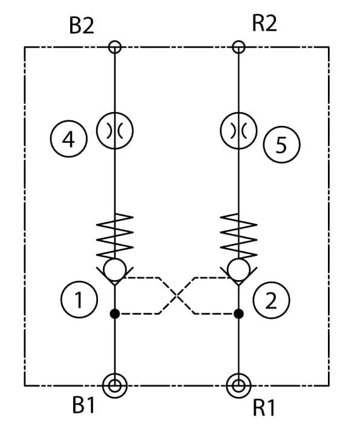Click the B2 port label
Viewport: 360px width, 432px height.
pyautogui.click(x=82, y=26)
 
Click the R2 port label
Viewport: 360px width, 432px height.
pyautogui.click(x=264, y=24)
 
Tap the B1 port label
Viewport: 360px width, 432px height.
pyautogui.click(x=83, y=405)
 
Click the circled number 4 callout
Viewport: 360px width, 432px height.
pyautogui.click(x=68, y=139)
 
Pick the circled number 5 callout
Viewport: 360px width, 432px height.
pyautogui.click(x=281, y=145)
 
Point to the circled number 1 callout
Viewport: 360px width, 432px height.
pyautogui.click(x=79, y=299)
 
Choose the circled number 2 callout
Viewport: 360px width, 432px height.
pyautogui.click(x=271, y=300)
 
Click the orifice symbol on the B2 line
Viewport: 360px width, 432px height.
pyautogui.click(x=115, y=131)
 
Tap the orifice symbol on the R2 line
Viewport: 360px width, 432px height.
pyautogui.click(x=238, y=131)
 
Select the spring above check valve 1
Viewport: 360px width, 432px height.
pyautogui.click(x=115, y=235)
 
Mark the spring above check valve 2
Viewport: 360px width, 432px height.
pyautogui.click(x=238, y=235)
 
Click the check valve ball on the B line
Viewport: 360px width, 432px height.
pyautogui.click(x=115, y=269)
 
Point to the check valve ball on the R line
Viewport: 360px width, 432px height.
pyautogui.click(x=238, y=269)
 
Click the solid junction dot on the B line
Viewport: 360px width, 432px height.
pyautogui.click(x=115, y=313)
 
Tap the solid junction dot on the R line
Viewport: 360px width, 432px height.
pyautogui.click(x=238, y=313)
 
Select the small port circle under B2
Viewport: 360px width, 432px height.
pyautogui.click(x=115, y=47)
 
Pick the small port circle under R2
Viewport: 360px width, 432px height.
pyautogui.click(x=238, y=47)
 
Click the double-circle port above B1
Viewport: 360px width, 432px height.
pyautogui.click(x=115, y=385)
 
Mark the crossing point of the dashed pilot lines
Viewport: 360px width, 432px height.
pyautogui.click(x=177, y=296)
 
